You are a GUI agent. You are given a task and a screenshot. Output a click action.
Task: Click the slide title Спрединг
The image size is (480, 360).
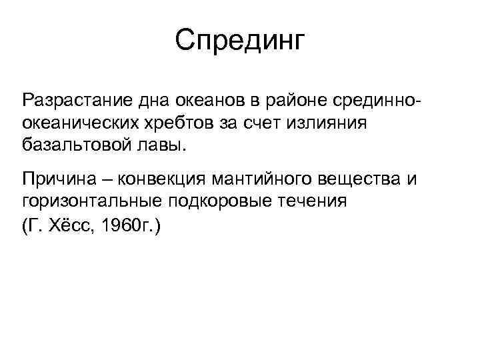239,41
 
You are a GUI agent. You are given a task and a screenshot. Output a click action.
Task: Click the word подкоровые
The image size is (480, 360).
221,201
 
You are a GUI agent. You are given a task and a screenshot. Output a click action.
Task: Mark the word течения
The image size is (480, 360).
317,201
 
